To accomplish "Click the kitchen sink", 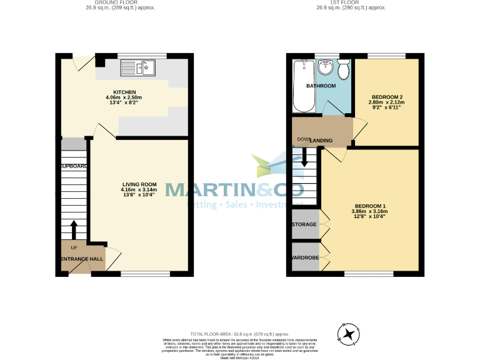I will click(138, 67).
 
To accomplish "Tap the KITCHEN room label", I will click(124, 92).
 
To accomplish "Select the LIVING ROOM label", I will click(139, 184).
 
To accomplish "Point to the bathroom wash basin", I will click(326, 67).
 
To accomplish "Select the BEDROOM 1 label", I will click(370, 206).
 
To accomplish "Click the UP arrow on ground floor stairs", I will click(74, 229).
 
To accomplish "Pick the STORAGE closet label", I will click(304, 224).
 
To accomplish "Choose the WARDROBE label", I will click(304, 257).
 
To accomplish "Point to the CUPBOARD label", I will click(74, 166).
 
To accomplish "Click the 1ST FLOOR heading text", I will click(351, 3).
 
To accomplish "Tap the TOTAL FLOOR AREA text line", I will click(240, 335).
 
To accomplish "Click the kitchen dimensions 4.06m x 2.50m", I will click(124, 97).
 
